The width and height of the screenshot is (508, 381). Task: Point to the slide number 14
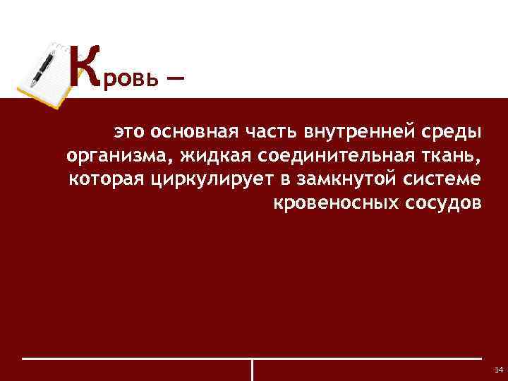pyautogui.click(x=499, y=370)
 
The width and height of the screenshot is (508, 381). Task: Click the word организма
pyautogui.click(x=115, y=156)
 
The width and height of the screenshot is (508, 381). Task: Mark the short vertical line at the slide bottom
pyautogui.click(x=252, y=370)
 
